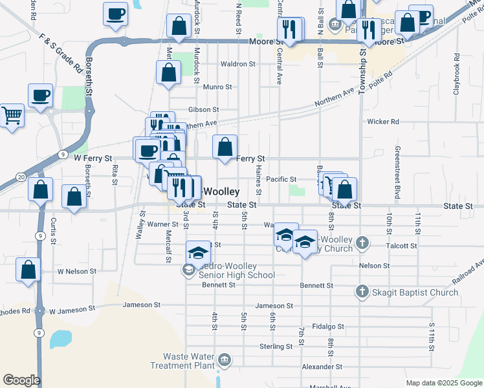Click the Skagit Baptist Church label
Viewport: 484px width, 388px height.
pos(414,292)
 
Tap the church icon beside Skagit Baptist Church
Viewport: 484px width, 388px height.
pos(362,292)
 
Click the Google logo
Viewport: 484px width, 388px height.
pos(21,380)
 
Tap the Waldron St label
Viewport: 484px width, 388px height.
pos(238,64)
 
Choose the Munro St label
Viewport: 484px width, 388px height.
pos(217,87)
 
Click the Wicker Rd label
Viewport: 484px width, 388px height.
pos(383,121)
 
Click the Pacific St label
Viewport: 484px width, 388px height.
pos(281,179)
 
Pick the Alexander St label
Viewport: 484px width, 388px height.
pos(321,367)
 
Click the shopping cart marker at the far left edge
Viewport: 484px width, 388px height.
pos(12,116)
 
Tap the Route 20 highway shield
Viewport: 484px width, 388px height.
pos(21,177)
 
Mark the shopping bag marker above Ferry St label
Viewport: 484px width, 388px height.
pos(225,147)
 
